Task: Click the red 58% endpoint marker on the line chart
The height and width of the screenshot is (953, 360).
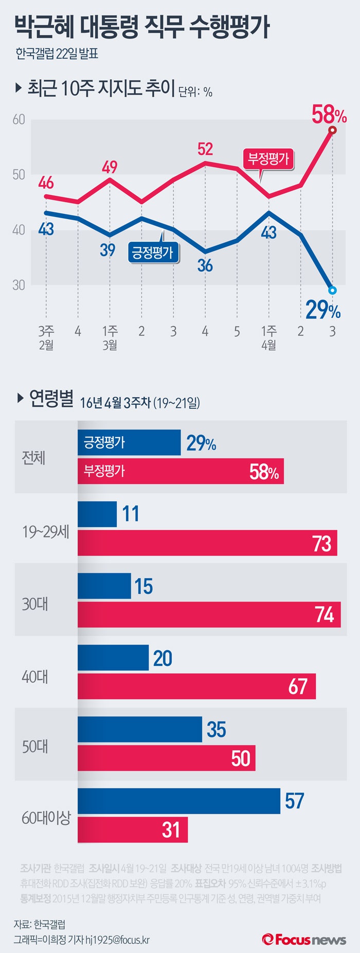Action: [x=332, y=130]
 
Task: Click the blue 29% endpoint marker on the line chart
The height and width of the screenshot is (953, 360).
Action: [x=332, y=291]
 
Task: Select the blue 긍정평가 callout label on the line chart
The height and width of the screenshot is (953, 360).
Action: [x=153, y=253]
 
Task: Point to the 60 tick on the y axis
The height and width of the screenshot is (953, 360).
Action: [x=19, y=119]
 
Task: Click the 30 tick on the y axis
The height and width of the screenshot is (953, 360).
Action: [x=19, y=285]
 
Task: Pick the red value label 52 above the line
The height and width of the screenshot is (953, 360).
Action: [x=205, y=149]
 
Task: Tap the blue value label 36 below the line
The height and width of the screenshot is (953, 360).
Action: [x=205, y=265]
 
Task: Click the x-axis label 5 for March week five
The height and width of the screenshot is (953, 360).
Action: [x=237, y=331]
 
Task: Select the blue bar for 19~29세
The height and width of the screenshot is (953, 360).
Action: [x=97, y=514]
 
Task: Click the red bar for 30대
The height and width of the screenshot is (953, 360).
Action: [x=209, y=615]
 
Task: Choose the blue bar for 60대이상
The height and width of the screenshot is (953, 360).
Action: [x=179, y=801]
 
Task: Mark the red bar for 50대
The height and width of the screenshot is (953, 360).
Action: [x=166, y=759]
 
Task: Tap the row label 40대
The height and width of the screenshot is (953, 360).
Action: [x=35, y=677]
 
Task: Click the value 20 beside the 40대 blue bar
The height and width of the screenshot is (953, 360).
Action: [x=163, y=658]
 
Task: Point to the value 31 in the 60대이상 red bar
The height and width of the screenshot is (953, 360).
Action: [x=171, y=830]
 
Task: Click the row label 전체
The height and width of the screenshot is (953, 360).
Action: [x=34, y=457]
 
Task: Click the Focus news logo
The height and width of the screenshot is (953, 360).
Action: [x=304, y=939]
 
